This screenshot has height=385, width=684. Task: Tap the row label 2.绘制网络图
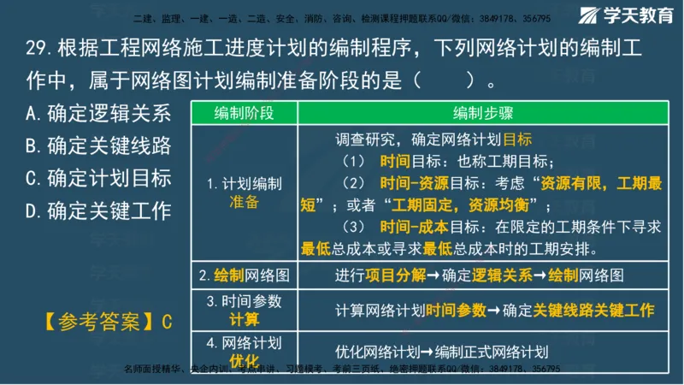[244, 275]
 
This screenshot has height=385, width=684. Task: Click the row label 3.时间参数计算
[244, 310]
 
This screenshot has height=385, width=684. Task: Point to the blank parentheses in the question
[445, 82]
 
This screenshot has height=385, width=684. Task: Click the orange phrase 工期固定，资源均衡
[465, 205]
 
